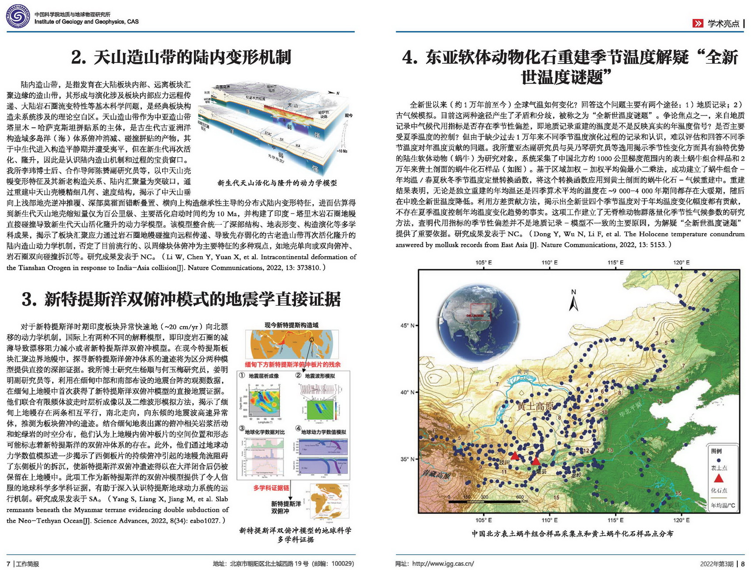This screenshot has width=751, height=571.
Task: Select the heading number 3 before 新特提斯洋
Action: tap(29, 300)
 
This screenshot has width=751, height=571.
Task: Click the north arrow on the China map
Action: tap(573, 301)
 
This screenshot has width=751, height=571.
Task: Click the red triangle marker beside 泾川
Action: tap(515, 455)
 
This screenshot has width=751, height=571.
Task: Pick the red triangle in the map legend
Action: tap(719, 478)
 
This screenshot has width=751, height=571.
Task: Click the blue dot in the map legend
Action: tap(719, 460)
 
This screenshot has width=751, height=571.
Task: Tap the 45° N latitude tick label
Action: tap(407, 326)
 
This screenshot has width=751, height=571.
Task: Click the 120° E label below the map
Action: tap(681, 520)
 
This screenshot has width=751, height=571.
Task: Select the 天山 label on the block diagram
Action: tap(293, 105)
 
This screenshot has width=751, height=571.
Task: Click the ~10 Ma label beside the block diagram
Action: tap(342, 151)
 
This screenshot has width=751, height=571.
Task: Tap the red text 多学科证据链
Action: tap(271, 488)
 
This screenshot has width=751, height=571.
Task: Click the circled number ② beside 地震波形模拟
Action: tap(298, 376)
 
